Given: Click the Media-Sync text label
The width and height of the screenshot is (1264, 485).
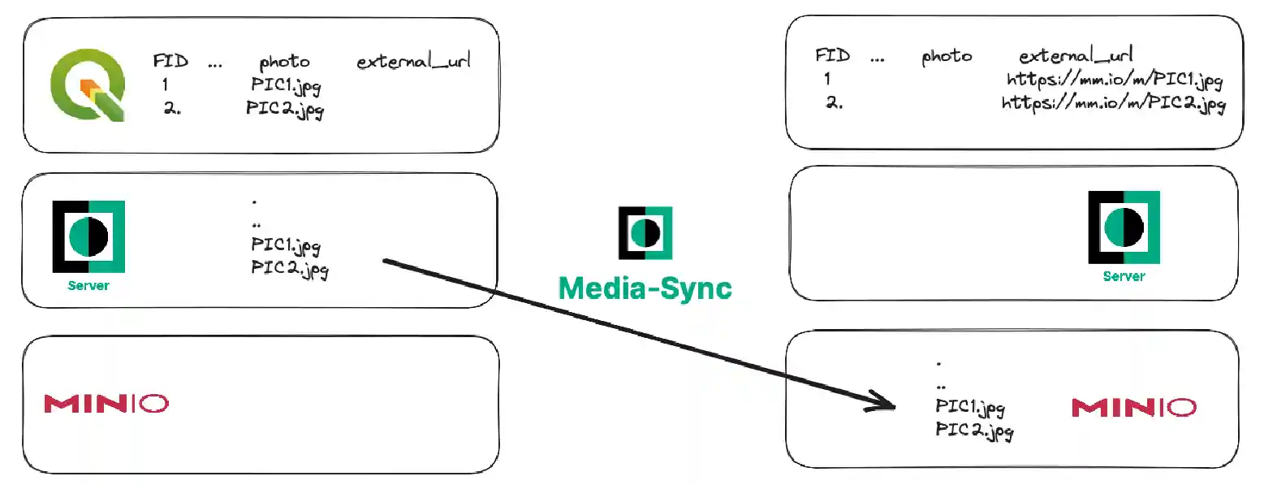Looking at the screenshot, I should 645,288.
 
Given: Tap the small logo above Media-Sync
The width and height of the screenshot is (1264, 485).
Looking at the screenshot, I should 645,232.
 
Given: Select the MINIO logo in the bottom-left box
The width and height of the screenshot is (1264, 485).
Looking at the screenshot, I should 106,403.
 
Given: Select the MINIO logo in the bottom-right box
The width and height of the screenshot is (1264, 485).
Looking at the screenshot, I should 1133,407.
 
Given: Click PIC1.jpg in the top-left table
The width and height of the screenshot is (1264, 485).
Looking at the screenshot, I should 285,85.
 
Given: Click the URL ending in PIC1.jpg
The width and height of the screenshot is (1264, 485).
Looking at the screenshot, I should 1114,80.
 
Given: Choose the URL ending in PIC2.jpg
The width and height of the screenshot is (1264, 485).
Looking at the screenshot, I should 1113,103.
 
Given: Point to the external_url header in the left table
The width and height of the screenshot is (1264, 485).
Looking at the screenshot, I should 414,61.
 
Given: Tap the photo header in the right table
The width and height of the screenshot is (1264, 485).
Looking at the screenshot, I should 947,56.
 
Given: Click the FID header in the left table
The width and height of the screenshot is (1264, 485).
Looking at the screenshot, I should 170,61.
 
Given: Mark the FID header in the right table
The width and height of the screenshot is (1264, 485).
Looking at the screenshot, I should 832,55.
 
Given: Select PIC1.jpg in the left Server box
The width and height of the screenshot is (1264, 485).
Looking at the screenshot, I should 286,245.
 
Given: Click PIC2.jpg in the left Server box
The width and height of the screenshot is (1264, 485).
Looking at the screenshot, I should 290,268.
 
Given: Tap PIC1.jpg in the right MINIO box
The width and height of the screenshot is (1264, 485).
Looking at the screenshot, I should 969,407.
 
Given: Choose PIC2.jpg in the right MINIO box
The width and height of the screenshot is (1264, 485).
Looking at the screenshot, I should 973,430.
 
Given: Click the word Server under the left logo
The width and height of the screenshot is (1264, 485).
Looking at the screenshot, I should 88,286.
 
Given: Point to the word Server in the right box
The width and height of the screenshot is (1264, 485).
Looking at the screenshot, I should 1124,276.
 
